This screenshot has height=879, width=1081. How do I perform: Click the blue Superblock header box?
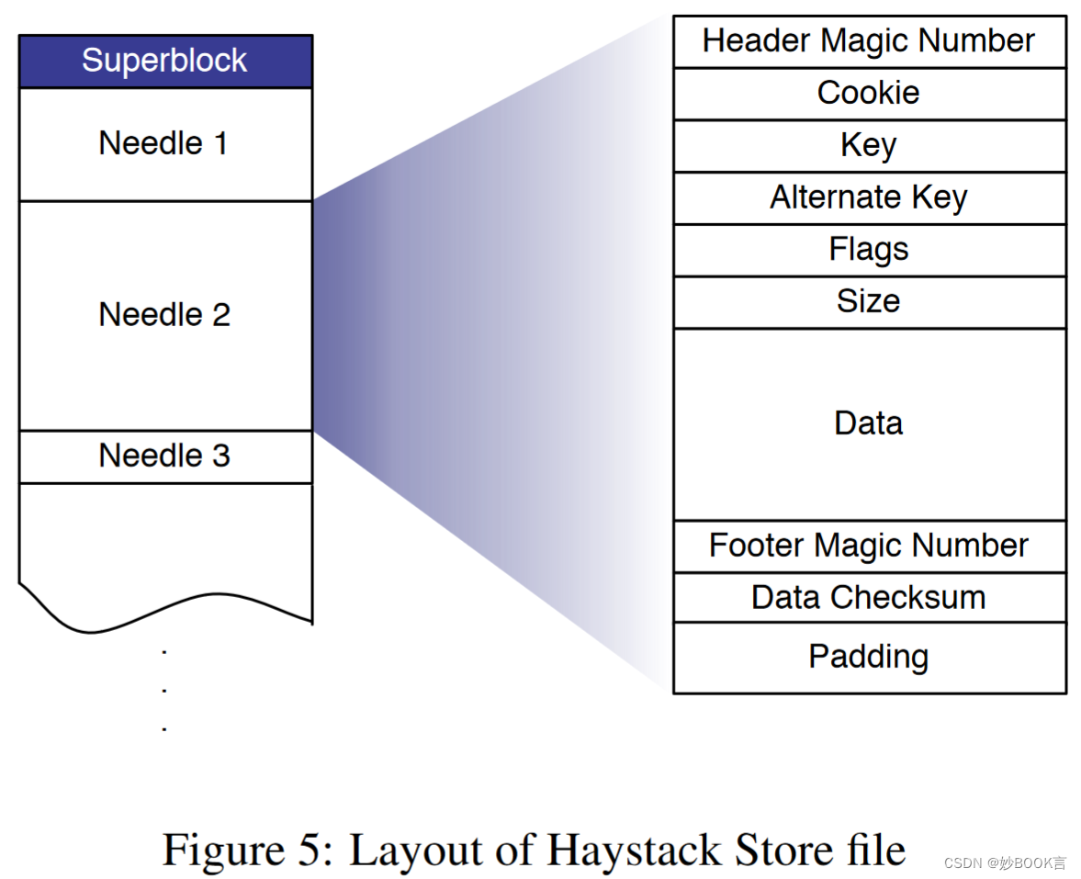[165, 61]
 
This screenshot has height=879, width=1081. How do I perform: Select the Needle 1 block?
[165, 144]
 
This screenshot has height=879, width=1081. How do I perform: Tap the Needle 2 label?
[164, 315]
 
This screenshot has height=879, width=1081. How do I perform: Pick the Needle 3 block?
[165, 456]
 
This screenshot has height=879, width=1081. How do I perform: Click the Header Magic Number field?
[869, 41]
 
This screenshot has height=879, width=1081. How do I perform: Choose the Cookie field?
[869, 93]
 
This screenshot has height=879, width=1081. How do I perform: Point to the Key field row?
[869, 145]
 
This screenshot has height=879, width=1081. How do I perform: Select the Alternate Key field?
[869, 197]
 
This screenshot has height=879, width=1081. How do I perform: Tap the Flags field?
[869, 250]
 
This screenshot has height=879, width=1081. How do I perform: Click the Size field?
[869, 301]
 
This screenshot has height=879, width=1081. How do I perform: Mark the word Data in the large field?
[869, 423]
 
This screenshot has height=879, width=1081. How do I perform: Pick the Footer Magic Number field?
[869, 546]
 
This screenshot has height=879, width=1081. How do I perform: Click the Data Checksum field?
[869, 597]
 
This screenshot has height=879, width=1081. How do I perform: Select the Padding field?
[869, 657]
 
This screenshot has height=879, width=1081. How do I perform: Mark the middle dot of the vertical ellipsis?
[164, 690]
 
